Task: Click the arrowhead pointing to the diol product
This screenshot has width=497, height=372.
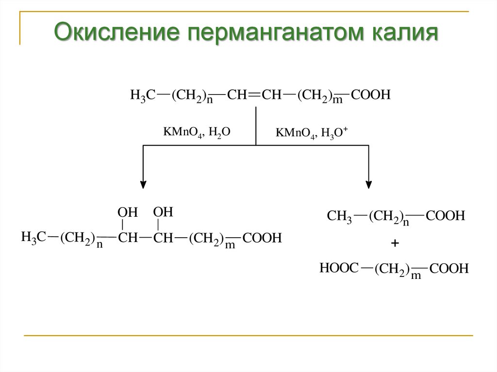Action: pyautogui.click(x=143, y=184)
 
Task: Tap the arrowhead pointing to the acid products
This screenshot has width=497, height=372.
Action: pyautogui.click(x=369, y=184)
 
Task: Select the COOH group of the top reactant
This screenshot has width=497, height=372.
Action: pyautogui.click(x=371, y=95)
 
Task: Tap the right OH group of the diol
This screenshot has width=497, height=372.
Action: pyautogui.click(x=163, y=212)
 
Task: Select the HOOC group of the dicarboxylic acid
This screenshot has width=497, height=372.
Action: pyautogui.click(x=339, y=267)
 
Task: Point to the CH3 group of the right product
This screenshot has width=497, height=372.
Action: pyautogui.click(x=339, y=216)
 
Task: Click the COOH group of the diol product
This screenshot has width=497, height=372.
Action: pyautogui.click(x=262, y=239)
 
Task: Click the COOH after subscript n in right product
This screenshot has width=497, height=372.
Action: pyautogui.click(x=446, y=216)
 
